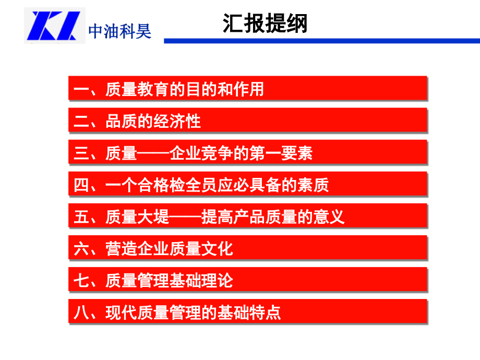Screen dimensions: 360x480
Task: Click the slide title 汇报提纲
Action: (265, 24)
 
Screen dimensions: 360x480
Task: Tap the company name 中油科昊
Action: (120, 32)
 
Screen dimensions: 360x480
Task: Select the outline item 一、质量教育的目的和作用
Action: (247, 89)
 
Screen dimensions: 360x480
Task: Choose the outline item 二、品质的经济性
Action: (247, 121)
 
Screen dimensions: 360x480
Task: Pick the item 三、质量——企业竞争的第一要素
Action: (247, 153)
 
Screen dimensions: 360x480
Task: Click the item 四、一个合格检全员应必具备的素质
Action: (247, 185)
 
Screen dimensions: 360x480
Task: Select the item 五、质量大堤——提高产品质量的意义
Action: (247, 217)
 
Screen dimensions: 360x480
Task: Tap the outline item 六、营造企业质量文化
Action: (247, 249)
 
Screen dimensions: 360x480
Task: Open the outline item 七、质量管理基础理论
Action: (247, 281)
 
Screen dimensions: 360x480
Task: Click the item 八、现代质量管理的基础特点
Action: (247, 313)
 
